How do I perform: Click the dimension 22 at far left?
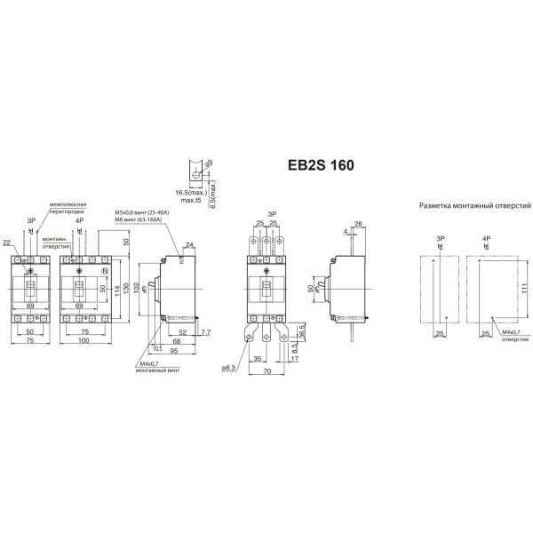(7, 243)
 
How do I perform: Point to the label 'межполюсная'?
(68, 203)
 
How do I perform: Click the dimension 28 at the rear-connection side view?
(357, 224)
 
